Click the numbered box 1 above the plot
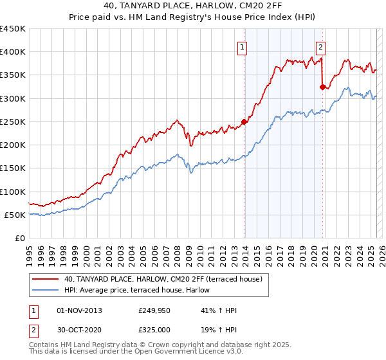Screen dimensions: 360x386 (242, 46)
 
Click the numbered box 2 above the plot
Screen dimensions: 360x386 (320, 46)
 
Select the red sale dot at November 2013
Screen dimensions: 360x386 (244, 122)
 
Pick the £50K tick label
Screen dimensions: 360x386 (15, 215)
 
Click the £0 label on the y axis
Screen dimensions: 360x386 (21, 238)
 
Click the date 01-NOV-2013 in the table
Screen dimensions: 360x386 (80, 310)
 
